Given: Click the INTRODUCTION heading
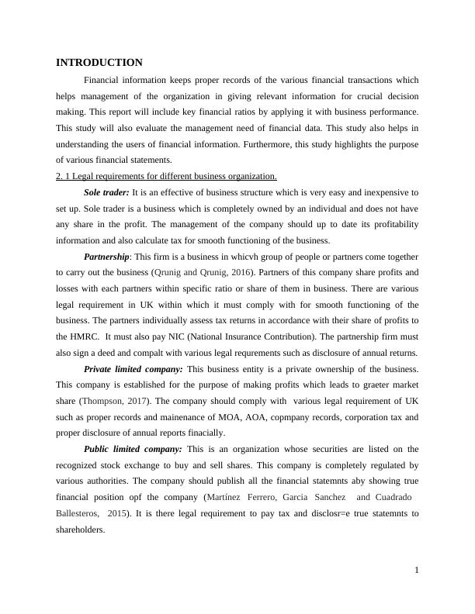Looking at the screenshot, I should (99, 62).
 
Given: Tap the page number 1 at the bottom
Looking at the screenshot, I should (416, 571).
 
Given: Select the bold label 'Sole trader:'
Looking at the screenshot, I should (107, 191).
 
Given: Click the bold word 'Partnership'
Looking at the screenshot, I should (106, 256).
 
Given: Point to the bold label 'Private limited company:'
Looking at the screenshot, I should (133, 368).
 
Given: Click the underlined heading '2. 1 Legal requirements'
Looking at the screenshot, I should (166, 176).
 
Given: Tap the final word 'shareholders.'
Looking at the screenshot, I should (81, 529).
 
